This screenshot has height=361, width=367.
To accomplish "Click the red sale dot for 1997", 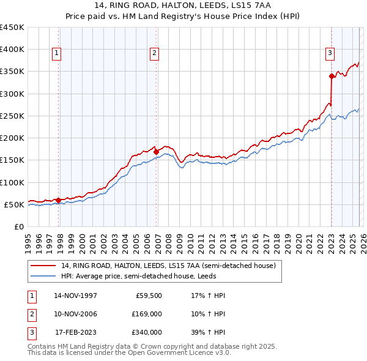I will (58, 200).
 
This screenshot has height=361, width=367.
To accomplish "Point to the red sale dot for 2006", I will (156, 152).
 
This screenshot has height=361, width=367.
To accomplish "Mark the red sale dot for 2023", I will (332, 76).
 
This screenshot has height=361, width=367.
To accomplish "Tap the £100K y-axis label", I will (12, 182).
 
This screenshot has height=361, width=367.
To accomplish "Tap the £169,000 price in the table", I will (147, 314).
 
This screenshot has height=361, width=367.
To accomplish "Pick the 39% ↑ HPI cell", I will (208, 332).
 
